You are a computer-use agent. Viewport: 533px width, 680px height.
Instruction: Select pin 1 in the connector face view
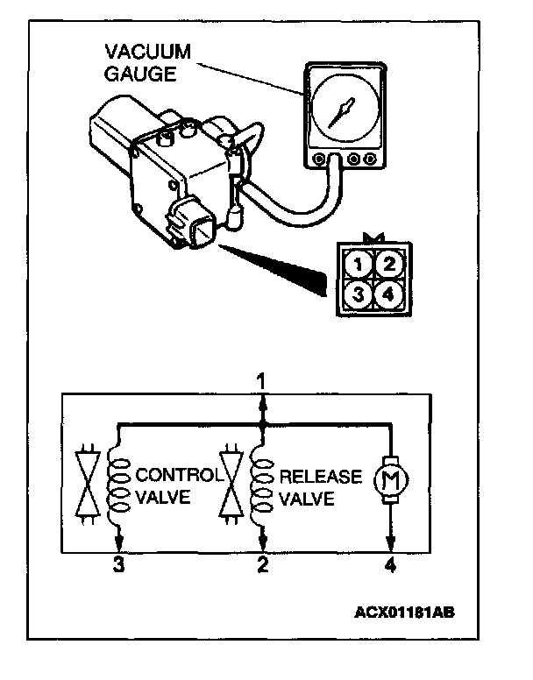click(355, 263)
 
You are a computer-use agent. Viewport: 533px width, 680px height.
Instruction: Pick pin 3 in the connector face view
click(355, 294)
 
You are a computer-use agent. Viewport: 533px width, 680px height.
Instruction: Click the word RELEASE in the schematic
click(320, 477)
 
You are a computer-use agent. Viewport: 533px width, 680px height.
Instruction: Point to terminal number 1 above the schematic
click(259, 381)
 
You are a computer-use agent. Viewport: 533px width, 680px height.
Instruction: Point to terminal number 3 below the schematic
click(118, 566)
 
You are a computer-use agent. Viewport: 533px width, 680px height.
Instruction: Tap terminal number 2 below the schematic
click(260, 566)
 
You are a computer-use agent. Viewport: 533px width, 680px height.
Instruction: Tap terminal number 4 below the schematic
click(390, 566)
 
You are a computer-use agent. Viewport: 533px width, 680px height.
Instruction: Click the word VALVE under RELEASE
click(306, 500)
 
